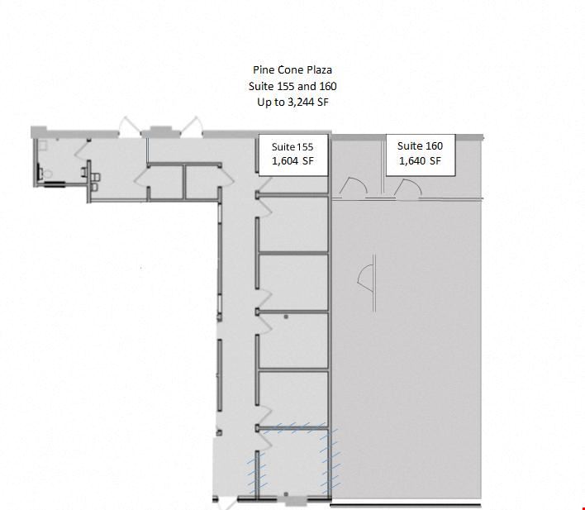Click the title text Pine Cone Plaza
[x=292, y=69]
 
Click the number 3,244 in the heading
[x=301, y=102]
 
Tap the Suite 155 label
[x=292, y=147]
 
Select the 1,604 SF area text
[x=292, y=161]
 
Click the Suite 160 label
[x=420, y=146]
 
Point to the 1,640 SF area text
[x=420, y=161]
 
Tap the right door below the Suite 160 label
[x=407, y=188]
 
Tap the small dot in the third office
[x=286, y=317]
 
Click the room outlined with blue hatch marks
[x=293, y=463]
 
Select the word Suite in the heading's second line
[x=261, y=86]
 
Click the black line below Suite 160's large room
[x=406, y=506]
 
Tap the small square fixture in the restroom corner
[x=43, y=145]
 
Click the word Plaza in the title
[x=320, y=69]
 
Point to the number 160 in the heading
[x=328, y=86]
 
